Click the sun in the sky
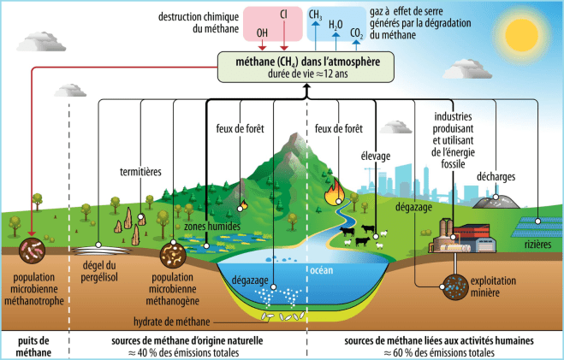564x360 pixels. pyautogui.click(x=521, y=35)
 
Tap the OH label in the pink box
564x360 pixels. pyautogui.click(x=262, y=33)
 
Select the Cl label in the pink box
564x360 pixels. pyautogui.click(x=283, y=15)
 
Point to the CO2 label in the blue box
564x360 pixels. pyautogui.click(x=356, y=33)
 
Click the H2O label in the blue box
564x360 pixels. pyautogui.click(x=335, y=25)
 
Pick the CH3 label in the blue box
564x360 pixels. pyautogui.click(x=316, y=15)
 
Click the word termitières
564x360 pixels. pyautogui.click(x=140, y=172)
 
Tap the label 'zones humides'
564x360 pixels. pyautogui.click(x=212, y=227)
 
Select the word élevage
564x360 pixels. pyautogui.click(x=376, y=156)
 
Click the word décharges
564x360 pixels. pyautogui.click(x=496, y=177)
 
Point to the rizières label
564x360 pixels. pyautogui.click(x=537, y=245)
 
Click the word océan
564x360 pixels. pyautogui.click(x=322, y=270)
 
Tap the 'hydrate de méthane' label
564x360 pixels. pyautogui.click(x=171, y=322)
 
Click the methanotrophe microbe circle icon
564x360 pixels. pyautogui.click(x=32, y=251)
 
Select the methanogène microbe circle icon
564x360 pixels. pyautogui.click(x=173, y=255)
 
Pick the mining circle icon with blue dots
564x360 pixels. pyautogui.click(x=455, y=287)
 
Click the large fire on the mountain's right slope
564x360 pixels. pyautogui.click(x=334, y=192)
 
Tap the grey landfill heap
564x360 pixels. pyautogui.click(x=496, y=202)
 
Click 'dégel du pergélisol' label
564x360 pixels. pyautogui.click(x=99, y=271)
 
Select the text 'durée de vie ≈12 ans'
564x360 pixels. pyautogui.click(x=308, y=74)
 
